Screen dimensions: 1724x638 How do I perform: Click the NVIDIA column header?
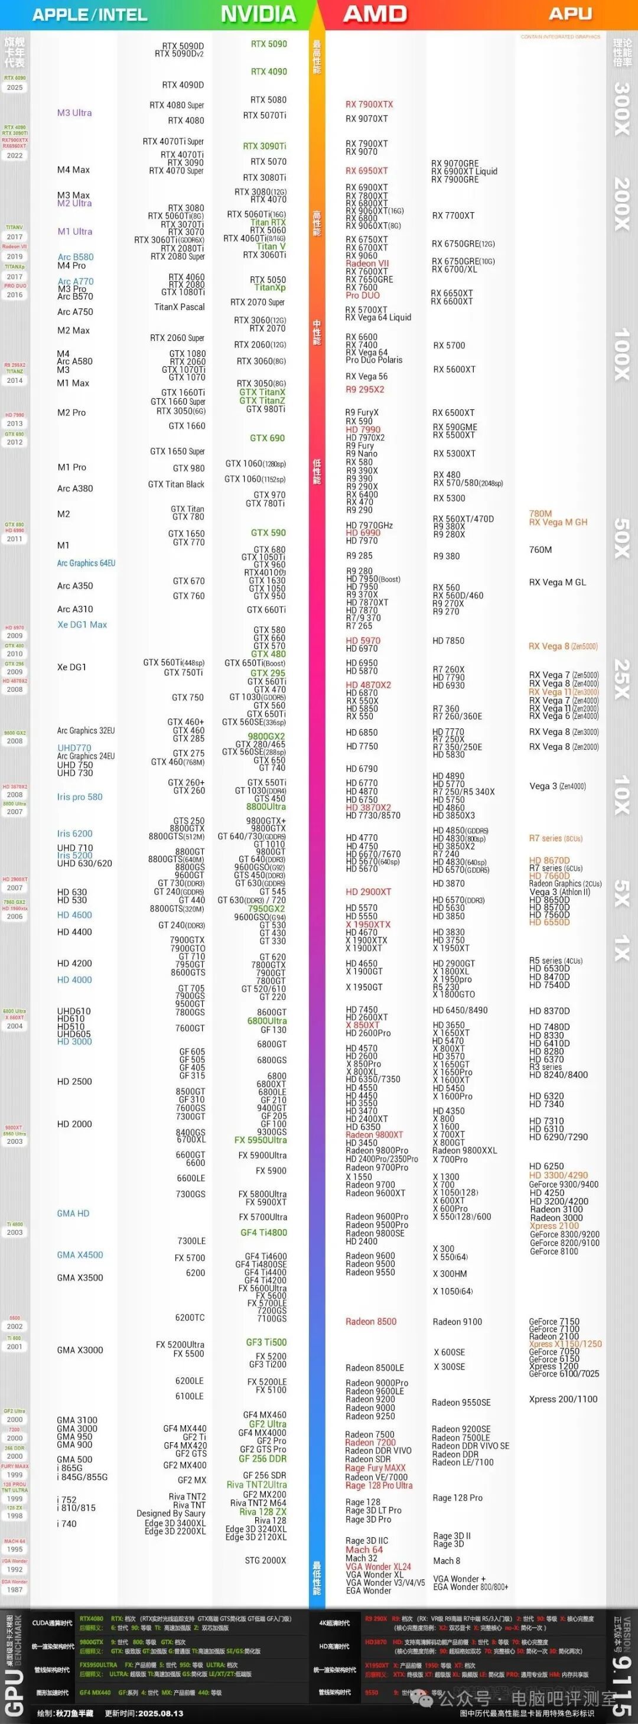click(258, 14)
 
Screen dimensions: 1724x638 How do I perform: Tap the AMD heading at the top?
click(375, 14)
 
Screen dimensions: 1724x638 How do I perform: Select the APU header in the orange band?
click(571, 14)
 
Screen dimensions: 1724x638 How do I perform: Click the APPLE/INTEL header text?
click(90, 15)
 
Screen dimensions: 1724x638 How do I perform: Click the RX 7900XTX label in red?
click(369, 105)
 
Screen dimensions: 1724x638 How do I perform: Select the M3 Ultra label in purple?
click(74, 113)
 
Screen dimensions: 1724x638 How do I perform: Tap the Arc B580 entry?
click(76, 257)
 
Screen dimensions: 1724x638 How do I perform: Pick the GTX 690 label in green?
click(267, 438)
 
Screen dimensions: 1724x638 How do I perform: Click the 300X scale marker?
click(622, 109)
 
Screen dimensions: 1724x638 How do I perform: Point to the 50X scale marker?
click(622, 538)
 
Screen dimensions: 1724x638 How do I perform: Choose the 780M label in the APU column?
click(541, 514)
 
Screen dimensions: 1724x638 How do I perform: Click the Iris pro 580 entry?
click(80, 797)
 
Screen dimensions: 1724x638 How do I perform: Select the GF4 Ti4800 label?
click(264, 1233)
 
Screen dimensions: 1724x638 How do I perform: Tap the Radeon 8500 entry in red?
click(371, 1322)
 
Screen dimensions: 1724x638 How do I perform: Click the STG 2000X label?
click(265, 1560)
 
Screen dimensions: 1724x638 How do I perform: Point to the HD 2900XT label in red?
click(368, 892)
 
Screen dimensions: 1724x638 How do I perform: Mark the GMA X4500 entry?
click(80, 1255)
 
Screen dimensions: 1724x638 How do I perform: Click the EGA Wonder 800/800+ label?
click(470, 1587)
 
